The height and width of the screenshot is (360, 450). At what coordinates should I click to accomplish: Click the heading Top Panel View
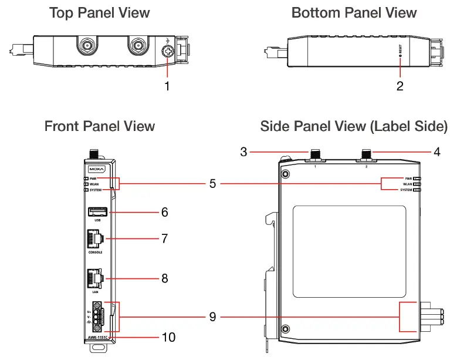[99, 13]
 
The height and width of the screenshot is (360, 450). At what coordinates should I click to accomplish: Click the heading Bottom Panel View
[354, 13]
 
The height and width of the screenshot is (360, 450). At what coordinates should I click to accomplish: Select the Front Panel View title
[100, 126]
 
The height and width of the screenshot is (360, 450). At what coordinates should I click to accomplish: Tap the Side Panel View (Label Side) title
[354, 126]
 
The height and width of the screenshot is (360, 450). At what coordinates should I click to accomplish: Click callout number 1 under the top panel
[167, 86]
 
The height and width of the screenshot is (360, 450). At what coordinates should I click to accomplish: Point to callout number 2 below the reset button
[400, 86]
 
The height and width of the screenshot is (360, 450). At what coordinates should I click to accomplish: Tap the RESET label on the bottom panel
[400, 51]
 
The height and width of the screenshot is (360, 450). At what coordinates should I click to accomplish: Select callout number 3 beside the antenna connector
[243, 152]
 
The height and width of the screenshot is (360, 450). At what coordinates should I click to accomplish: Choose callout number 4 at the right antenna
[437, 152]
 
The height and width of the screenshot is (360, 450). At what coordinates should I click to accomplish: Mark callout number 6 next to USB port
[165, 211]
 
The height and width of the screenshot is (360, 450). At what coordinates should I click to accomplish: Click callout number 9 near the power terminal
[212, 317]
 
